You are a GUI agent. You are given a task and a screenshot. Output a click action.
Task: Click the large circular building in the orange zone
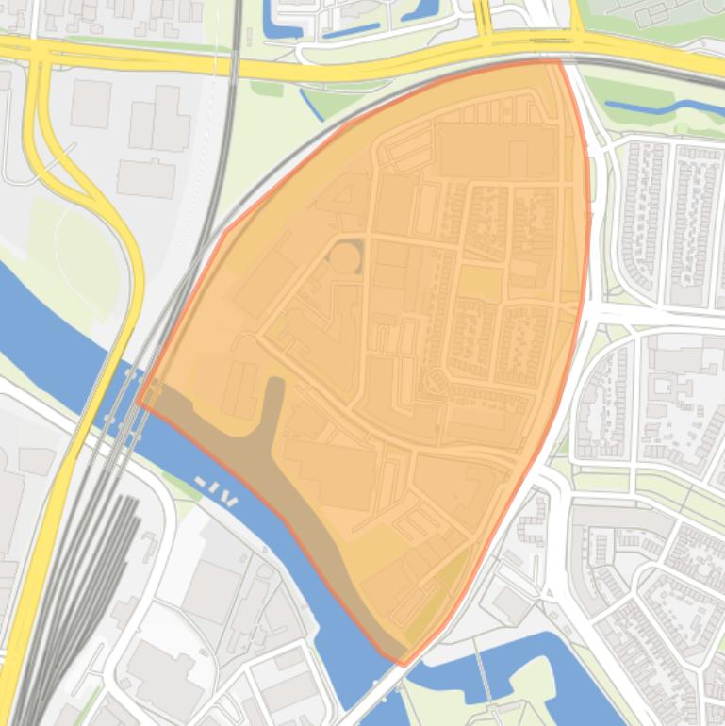click(345, 256)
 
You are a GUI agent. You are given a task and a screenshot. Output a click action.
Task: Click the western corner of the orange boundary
click(138, 402)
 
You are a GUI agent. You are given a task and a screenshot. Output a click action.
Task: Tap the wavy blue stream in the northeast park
click(651, 108)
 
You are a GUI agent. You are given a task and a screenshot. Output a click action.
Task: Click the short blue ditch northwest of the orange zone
click(311, 104)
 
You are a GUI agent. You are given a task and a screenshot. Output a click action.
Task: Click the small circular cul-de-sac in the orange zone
click(434, 382)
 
